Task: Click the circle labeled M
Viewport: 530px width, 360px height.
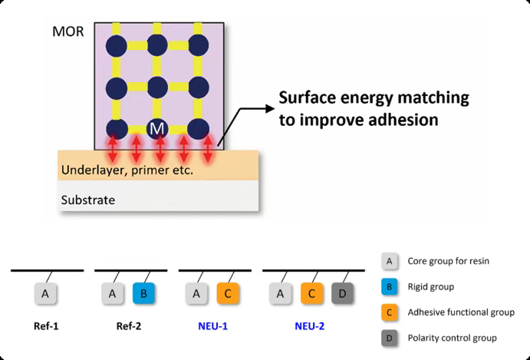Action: pos(157,129)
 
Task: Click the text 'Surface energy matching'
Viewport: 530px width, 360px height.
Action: pos(374,98)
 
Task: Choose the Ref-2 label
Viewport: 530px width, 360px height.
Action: pos(128,326)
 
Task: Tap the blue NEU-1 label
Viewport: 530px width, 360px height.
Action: pos(214,326)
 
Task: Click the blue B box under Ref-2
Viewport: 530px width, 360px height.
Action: pos(143,292)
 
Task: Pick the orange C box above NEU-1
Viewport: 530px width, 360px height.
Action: pos(228,292)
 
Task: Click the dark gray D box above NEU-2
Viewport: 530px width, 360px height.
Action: pos(343,292)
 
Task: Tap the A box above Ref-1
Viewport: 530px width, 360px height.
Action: pos(45,292)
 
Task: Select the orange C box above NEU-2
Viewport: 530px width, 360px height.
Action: pos(312,292)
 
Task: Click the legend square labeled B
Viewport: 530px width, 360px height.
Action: pos(390,287)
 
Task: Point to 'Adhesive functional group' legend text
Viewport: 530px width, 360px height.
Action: pos(461,312)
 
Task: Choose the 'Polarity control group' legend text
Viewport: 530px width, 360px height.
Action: pos(453,338)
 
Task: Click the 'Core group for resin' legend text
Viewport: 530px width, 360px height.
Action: pos(449,262)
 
